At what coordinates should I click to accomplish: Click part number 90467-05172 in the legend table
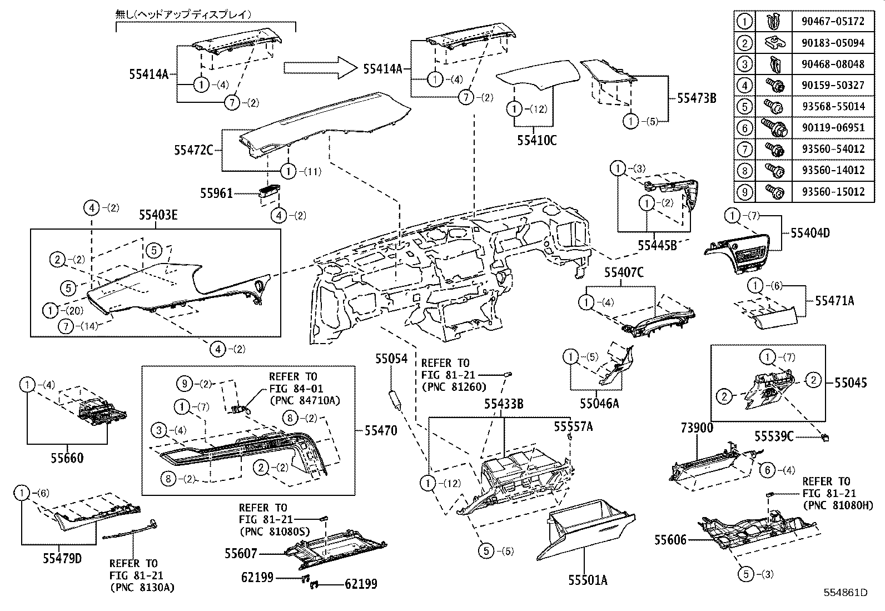(x=833, y=22)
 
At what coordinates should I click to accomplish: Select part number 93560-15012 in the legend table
(x=833, y=192)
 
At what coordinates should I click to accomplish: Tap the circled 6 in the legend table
(x=744, y=128)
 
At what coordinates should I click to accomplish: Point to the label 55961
(x=216, y=193)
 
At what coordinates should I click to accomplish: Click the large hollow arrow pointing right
(x=319, y=68)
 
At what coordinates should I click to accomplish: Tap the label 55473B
(x=696, y=98)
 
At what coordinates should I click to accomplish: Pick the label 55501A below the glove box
(x=588, y=580)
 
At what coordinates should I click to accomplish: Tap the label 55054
(x=391, y=359)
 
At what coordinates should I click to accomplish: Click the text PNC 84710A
(x=304, y=400)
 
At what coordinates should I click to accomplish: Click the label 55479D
(x=62, y=558)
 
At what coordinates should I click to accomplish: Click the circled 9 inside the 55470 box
(x=186, y=383)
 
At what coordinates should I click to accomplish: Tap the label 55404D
(x=810, y=233)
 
